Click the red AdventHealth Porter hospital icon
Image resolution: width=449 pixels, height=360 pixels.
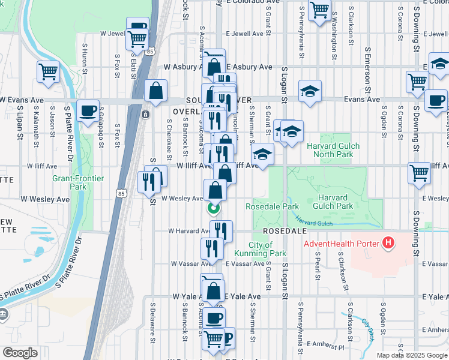coord(389,243)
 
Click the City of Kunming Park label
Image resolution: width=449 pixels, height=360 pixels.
coord(261,249)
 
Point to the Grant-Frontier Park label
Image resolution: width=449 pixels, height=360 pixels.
coord(78,182)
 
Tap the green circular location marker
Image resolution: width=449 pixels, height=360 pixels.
coord(212,209)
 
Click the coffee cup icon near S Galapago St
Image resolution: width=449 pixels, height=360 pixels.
coord(88,110)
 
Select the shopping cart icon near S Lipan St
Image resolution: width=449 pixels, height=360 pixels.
coord(48,72)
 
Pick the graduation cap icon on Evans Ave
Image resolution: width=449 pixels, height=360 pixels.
coord(310,91)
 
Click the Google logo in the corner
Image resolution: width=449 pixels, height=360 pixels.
coord(20,353)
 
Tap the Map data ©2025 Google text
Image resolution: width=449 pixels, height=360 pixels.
coord(412,355)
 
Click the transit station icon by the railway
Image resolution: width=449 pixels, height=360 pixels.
coord(145,114)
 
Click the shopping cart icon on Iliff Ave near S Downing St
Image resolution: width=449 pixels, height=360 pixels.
coord(420,173)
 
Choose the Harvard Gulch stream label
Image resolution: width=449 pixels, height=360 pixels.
coord(313,223)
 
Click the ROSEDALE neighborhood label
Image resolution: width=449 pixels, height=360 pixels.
coord(285,230)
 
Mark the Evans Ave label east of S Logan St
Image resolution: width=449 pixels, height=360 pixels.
coord(361,100)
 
